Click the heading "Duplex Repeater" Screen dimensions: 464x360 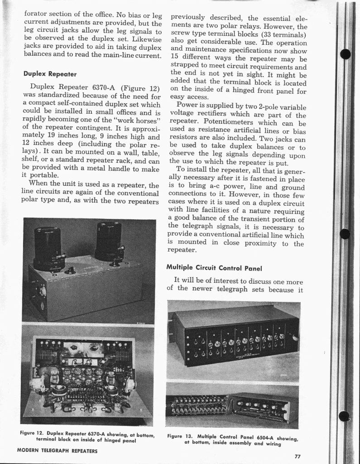[x=50, y=74]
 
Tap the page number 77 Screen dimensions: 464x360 [x=297, y=456]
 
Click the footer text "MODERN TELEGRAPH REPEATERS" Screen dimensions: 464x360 [x=57, y=451]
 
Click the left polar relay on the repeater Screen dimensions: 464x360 [x=48, y=247]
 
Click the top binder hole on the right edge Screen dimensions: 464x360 [x=345, y=54]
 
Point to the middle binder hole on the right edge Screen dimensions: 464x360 [x=345, y=234]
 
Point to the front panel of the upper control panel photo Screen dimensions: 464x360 [x=240, y=342]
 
